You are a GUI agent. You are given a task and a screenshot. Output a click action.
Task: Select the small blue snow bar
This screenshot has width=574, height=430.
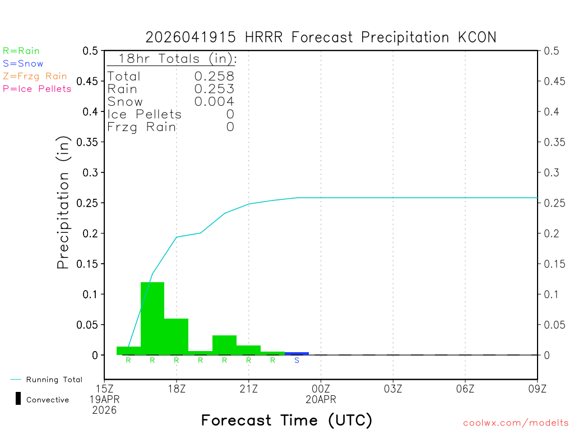click(x=297, y=353)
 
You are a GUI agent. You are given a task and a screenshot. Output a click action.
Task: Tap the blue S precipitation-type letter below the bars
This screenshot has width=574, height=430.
click(x=297, y=360)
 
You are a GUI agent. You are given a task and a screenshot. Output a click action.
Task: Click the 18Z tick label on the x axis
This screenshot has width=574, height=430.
click(x=177, y=388)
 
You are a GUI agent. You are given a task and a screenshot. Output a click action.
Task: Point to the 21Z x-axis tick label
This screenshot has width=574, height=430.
click(x=248, y=388)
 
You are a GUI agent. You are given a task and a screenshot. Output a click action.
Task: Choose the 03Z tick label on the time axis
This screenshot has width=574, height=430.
click(x=393, y=388)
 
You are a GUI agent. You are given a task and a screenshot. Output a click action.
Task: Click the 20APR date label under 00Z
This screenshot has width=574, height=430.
click(x=321, y=399)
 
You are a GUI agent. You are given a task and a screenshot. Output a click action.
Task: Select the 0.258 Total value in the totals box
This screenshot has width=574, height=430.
click(x=214, y=76)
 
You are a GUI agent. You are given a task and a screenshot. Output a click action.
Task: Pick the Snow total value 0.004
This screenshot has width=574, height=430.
click(x=214, y=101)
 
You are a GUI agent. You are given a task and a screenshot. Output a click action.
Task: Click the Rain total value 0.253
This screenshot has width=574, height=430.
click(x=214, y=88)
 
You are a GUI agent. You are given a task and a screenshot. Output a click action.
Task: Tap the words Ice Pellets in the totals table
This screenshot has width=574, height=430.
click(x=145, y=114)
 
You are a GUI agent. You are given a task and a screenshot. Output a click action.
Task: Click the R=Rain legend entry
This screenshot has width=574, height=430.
click(x=21, y=51)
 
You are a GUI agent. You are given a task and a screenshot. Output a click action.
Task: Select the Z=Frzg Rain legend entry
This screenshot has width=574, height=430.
click(x=35, y=76)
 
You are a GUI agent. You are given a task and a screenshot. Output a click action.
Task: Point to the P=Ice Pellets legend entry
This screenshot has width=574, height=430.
click(x=37, y=88)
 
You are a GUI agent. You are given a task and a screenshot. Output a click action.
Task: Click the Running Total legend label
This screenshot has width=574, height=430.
click(x=54, y=380)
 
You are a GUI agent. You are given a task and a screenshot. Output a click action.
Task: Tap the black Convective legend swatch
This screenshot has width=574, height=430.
click(x=18, y=399)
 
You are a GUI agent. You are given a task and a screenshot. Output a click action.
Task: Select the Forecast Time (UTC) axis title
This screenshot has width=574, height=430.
click(x=286, y=420)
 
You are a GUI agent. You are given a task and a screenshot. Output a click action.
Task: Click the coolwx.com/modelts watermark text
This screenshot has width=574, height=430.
click(x=516, y=423)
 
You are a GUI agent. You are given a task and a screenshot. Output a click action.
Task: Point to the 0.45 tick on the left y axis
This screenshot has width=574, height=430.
click(x=90, y=81)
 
